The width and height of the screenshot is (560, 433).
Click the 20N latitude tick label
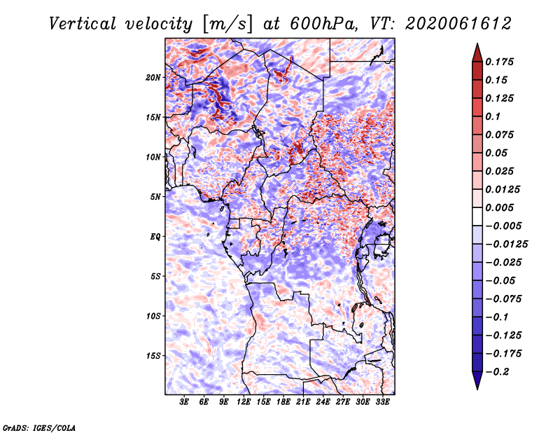point(153,77)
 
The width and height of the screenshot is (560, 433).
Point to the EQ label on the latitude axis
point(155,237)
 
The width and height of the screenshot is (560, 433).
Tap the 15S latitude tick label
point(153,356)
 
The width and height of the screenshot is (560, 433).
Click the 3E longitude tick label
point(185,402)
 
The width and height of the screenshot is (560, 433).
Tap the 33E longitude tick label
point(382,402)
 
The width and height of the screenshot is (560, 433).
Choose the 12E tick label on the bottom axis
point(244,402)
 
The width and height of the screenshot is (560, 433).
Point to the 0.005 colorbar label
point(501,208)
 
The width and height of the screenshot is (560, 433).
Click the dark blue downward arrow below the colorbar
point(477,381)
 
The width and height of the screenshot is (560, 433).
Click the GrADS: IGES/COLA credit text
point(38,426)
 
